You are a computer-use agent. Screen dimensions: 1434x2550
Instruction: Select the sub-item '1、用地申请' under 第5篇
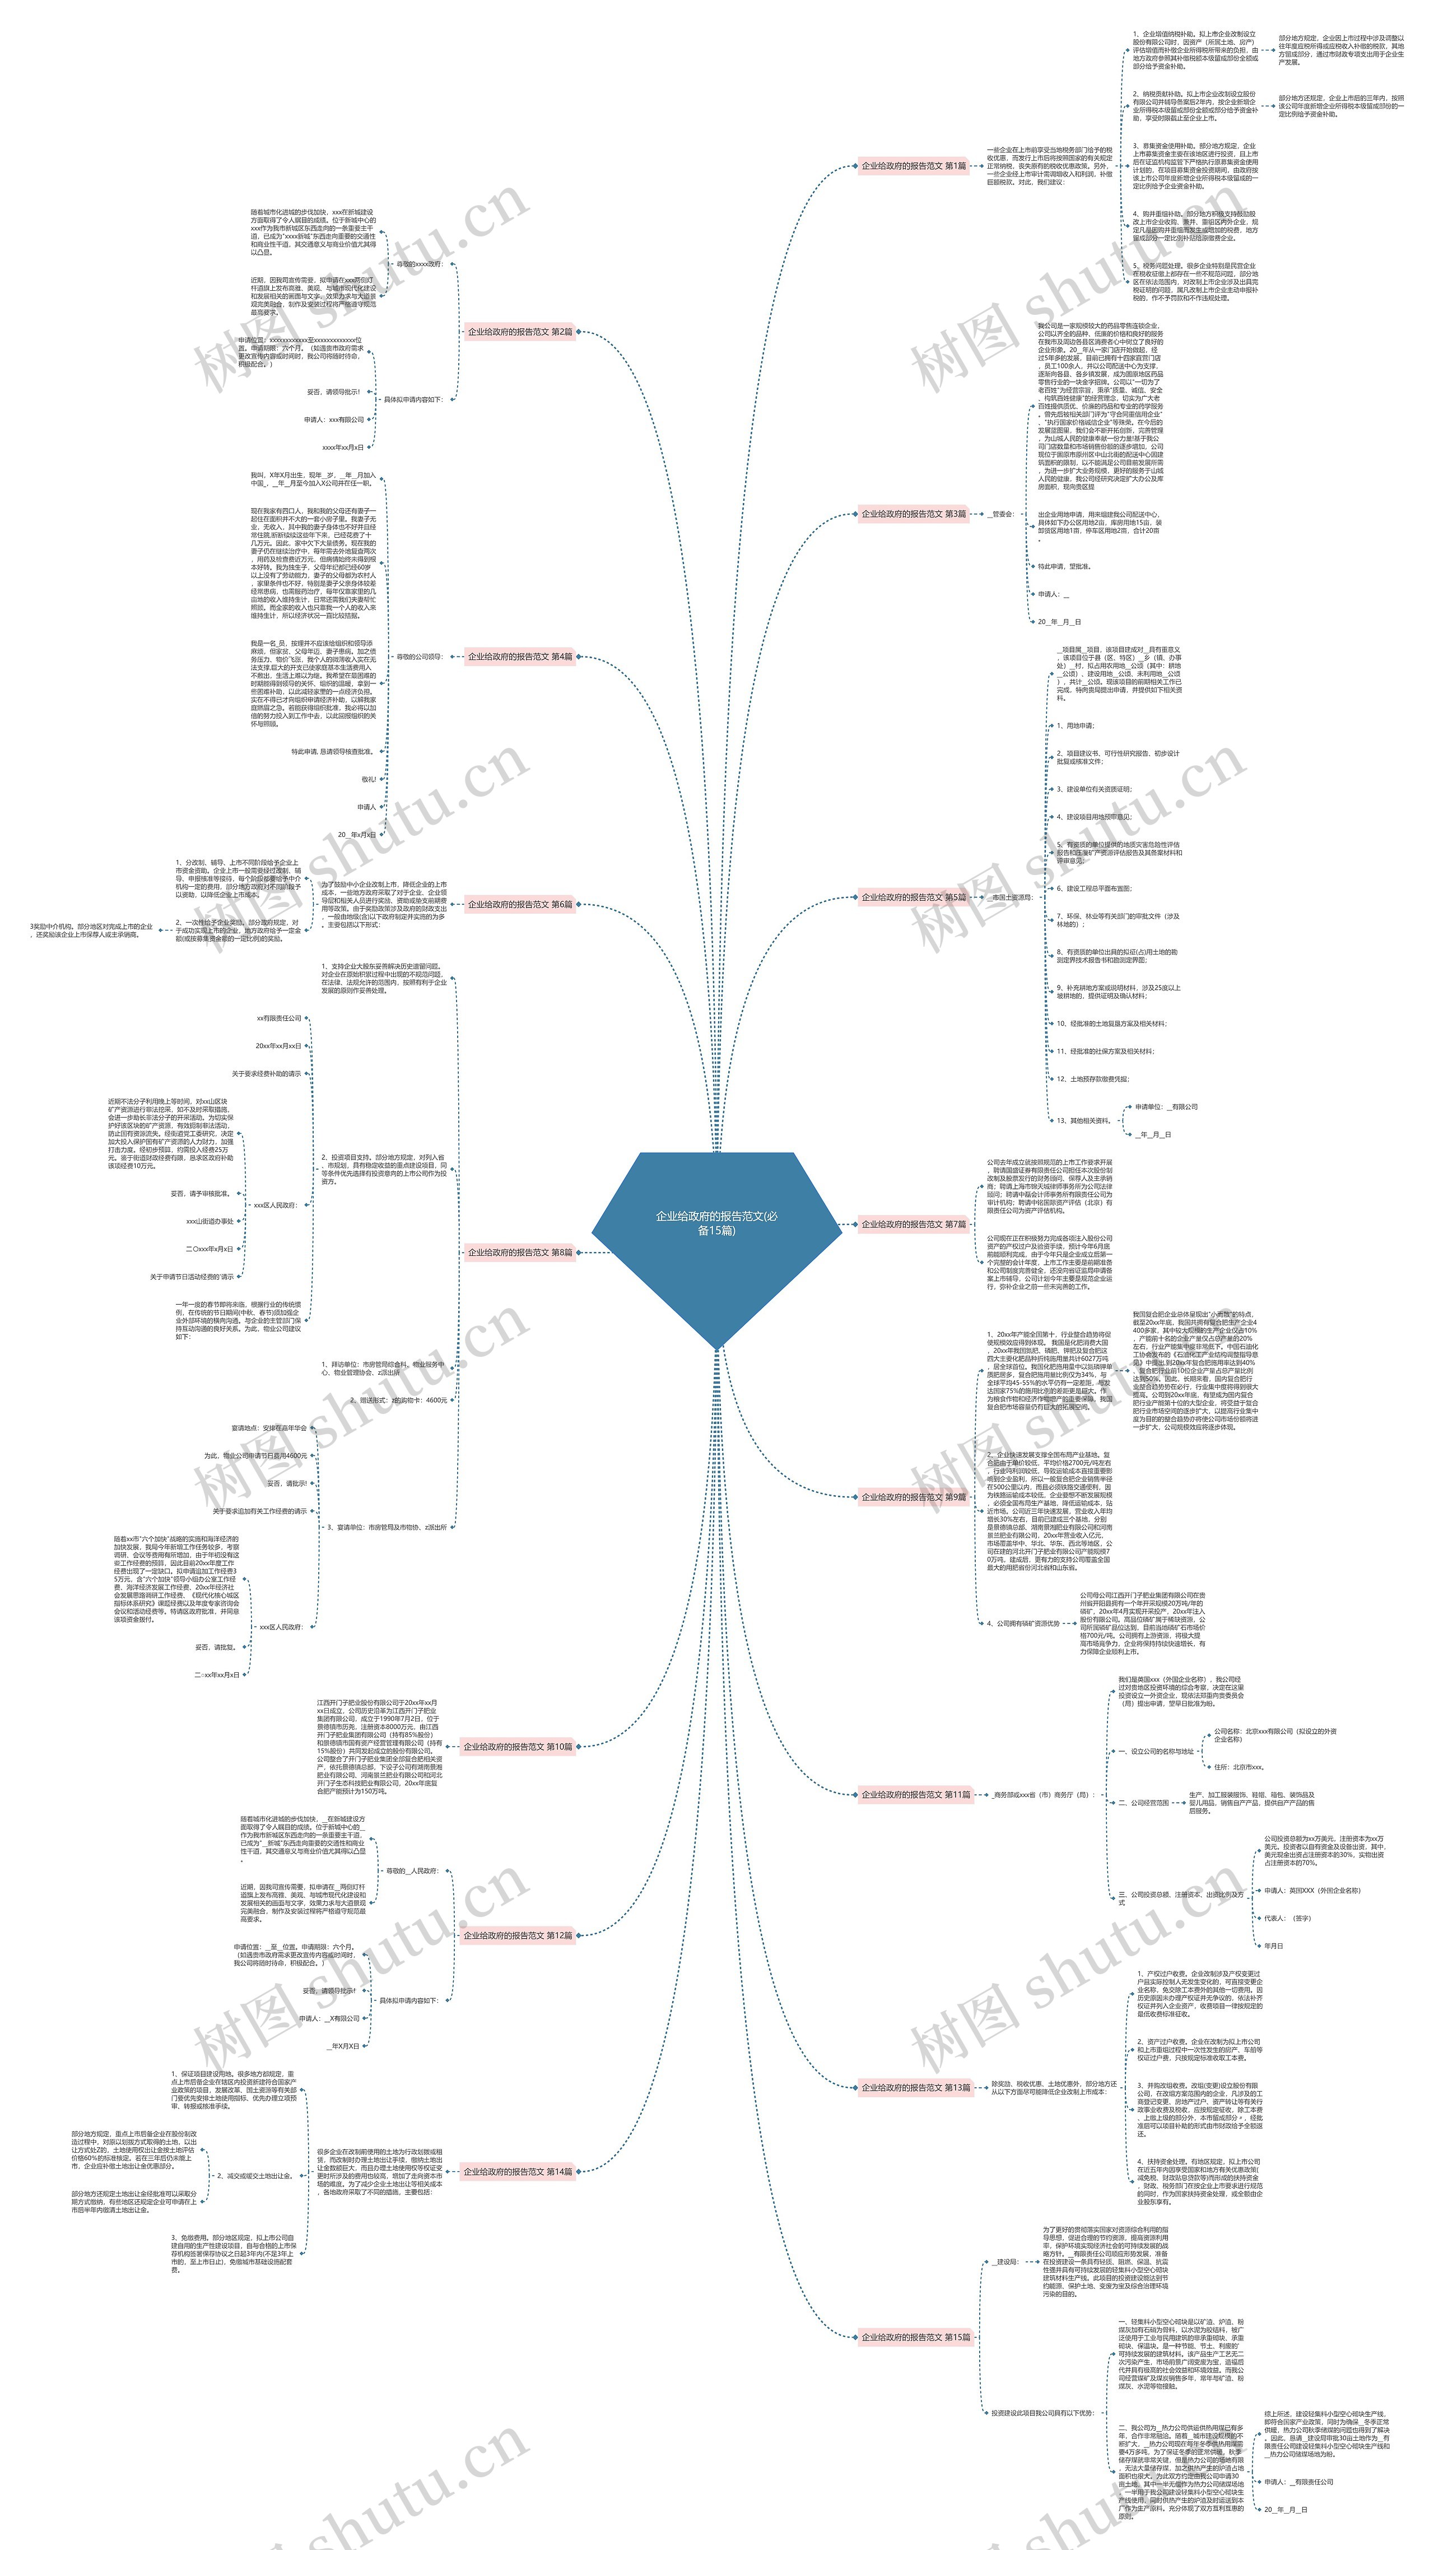pyautogui.click(x=1075, y=725)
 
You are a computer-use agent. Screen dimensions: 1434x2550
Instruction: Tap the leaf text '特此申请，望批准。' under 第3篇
pyautogui.click(x=1064, y=566)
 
